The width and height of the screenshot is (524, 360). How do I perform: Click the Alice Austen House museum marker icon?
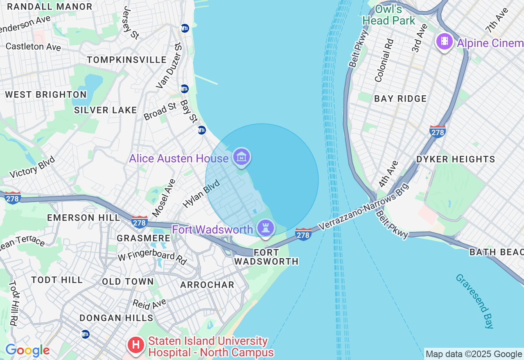click(242, 157)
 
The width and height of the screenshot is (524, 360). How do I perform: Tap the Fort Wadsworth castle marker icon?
click(266, 228)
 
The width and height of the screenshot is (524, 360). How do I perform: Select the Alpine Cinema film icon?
click(444, 41)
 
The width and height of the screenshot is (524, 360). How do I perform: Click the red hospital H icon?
click(136, 346)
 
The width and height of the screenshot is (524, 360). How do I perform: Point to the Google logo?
click(27, 351)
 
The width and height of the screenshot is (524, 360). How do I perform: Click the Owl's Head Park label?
click(389, 15)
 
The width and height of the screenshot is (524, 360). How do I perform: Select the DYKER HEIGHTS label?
click(456, 159)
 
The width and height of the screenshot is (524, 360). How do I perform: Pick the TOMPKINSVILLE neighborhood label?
click(127, 60)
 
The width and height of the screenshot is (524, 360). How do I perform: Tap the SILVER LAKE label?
click(106, 110)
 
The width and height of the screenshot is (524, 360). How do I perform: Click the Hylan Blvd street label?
click(201, 193)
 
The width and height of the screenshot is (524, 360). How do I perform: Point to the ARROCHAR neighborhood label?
click(207, 285)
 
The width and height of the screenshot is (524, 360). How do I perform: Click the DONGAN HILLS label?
click(116, 318)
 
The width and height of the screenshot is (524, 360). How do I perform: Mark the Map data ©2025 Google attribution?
click(474, 354)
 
